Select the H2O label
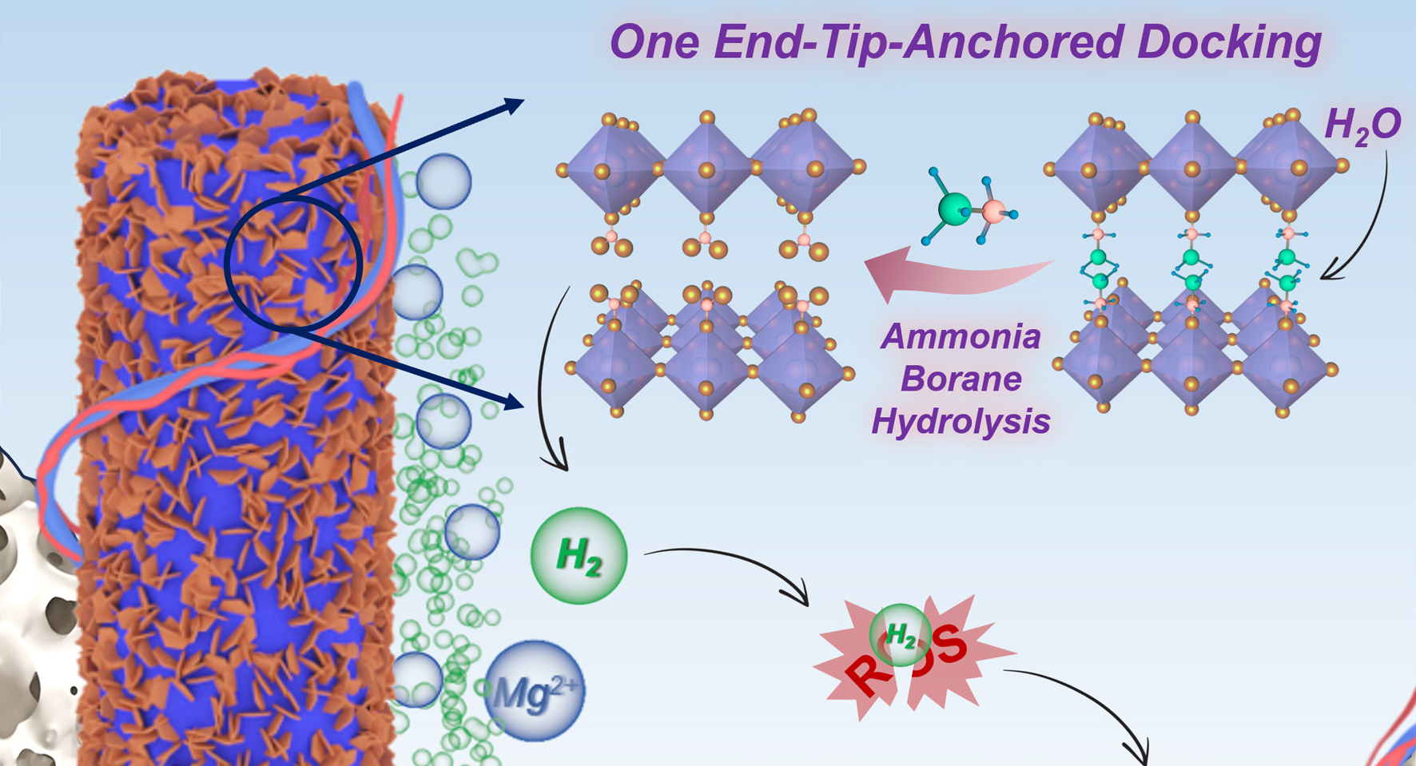1362,125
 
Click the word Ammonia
961,336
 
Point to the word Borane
961,379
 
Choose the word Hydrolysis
961,421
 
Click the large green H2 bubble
579,555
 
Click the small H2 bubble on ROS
901,636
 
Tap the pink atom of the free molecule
993,212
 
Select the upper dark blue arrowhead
514,105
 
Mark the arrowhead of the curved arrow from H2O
1328,275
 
